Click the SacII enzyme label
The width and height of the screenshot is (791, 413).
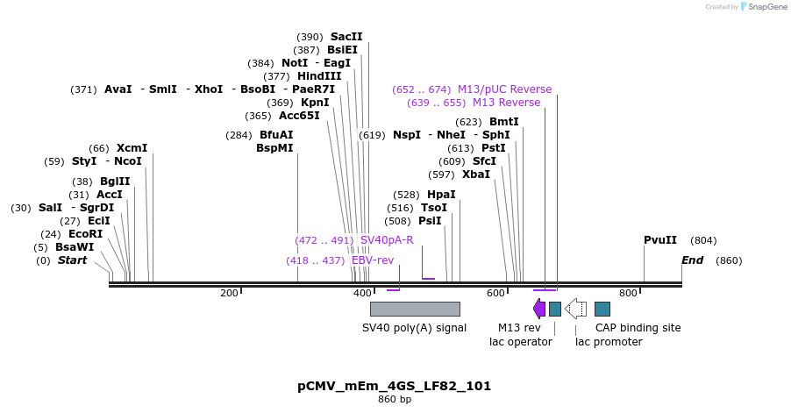(346, 37)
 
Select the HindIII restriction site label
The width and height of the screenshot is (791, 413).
(319, 76)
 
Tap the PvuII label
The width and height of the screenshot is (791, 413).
(660, 240)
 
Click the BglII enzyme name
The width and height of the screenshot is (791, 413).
(115, 182)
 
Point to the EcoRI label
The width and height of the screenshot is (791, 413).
(85, 234)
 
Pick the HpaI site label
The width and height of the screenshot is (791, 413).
(441, 195)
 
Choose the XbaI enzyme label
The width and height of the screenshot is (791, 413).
(476, 174)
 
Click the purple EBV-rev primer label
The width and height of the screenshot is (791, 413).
(373, 260)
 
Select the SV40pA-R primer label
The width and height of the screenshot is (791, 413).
(387, 240)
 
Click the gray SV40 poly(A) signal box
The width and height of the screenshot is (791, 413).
(415, 309)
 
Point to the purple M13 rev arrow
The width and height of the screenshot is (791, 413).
(539, 309)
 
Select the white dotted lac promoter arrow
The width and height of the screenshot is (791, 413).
(576, 309)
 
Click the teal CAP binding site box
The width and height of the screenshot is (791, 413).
(602, 309)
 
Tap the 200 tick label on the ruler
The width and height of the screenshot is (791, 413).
(230, 293)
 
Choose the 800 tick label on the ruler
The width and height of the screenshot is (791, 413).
(628, 293)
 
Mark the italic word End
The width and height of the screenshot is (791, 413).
(693, 260)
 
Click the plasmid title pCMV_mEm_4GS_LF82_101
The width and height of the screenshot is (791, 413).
(395, 386)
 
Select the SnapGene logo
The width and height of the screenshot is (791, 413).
(763, 7)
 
